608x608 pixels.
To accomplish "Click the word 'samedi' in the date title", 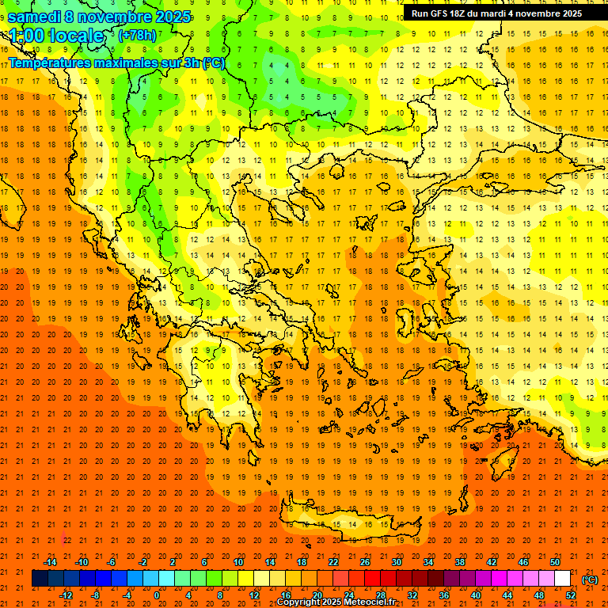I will click(35, 17).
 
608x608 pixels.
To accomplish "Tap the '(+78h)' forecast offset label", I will click(137, 36).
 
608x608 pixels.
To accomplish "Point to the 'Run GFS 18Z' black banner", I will click(496, 13).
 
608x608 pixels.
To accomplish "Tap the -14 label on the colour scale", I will click(51, 562).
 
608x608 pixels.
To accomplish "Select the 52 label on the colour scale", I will click(571, 595).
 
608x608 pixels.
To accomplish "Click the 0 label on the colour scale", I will click(156, 595).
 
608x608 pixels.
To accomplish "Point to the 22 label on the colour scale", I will click(333, 562).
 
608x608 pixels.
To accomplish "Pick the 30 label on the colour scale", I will click(397, 562).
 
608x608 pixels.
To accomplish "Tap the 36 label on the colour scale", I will click(443, 595).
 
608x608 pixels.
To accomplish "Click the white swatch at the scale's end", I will click(562, 579).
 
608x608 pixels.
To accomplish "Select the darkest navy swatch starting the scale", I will click(40, 579).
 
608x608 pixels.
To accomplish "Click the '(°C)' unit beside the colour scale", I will click(589, 579).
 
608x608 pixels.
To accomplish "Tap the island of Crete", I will click(340, 523).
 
